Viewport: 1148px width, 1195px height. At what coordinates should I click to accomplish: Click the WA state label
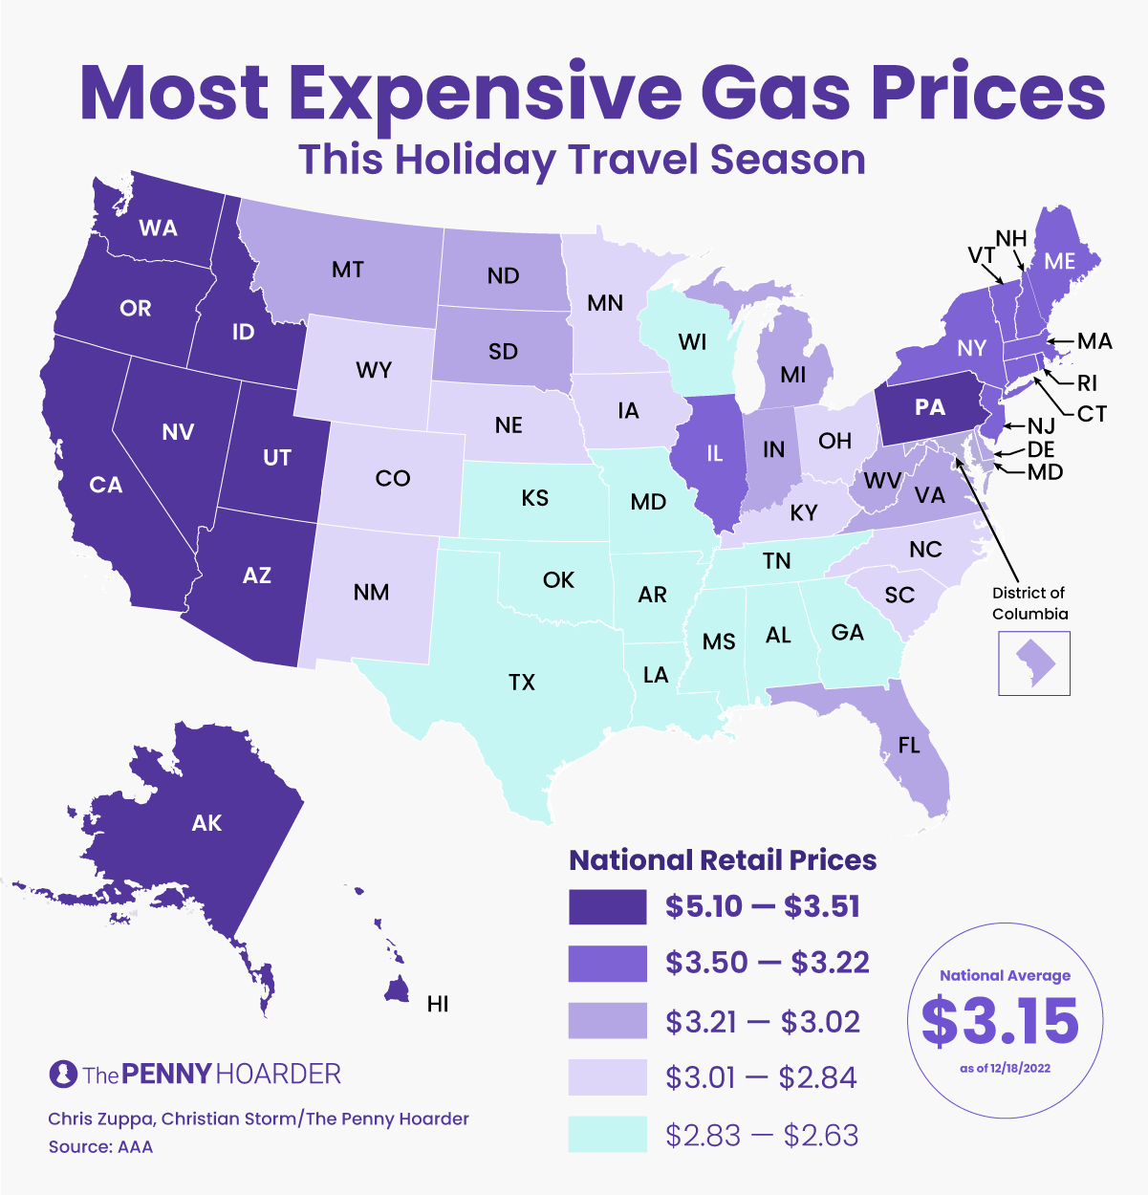coord(158,228)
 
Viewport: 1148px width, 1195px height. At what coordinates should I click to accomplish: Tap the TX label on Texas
coord(522,682)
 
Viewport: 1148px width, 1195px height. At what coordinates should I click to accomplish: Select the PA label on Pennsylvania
coord(929,407)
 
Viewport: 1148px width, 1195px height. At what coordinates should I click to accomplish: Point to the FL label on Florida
coord(909,744)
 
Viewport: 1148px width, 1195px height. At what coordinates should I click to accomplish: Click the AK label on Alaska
coord(206,822)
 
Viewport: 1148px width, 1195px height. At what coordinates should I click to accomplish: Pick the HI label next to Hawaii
coord(438,1003)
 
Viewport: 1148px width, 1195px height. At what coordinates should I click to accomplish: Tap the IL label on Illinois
coord(714,453)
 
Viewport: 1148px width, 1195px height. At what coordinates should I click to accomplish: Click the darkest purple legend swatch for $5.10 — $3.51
coord(607,906)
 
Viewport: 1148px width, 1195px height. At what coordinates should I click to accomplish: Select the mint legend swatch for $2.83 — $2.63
coord(607,1134)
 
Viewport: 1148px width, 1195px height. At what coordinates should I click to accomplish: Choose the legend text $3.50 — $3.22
coord(768,963)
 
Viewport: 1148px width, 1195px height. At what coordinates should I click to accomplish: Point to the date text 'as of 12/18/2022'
coord(1005,1068)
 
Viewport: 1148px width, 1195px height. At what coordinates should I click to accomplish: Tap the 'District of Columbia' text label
coord(1029,603)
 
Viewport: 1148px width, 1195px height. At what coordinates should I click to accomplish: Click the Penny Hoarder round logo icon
coord(63,1074)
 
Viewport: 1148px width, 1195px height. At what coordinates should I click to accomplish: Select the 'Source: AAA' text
coord(100,1146)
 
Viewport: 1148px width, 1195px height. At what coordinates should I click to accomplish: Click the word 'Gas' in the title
coord(775,92)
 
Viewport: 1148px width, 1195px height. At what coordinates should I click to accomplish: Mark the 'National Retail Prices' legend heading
coord(723,859)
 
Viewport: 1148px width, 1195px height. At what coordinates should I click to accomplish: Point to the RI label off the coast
coord(1087,383)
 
